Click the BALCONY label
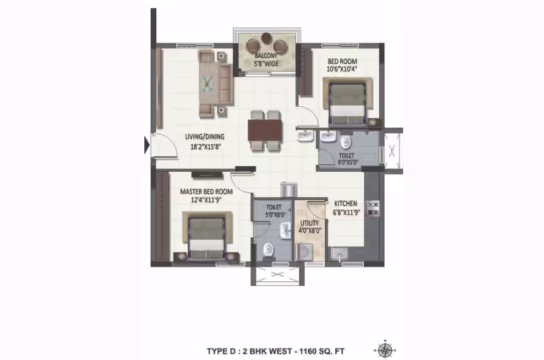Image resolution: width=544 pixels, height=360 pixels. [266, 56]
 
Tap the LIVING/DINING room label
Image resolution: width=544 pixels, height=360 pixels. [205, 136]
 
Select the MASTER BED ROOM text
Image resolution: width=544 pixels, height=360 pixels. [206, 191]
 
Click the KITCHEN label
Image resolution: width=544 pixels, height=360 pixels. [345, 204]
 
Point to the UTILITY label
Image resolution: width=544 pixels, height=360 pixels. [310, 223]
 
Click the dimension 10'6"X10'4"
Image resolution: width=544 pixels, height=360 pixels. [342, 69]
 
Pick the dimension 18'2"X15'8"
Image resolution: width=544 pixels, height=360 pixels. [206, 147]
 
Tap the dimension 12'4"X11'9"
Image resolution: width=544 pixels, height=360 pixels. [206, 200]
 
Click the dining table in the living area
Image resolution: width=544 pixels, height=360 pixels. [265, 130]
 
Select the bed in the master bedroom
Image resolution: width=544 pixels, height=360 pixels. [207, 237]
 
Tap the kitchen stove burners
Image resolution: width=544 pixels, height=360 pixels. [373, 209]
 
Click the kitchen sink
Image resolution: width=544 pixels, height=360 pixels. [339, 253]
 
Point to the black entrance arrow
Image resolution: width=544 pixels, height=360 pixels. [147, 145]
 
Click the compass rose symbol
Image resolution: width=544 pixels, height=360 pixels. [385, 350]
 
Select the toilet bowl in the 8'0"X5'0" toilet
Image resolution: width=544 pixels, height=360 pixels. [345, 141]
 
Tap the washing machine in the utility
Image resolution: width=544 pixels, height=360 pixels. [305, 252]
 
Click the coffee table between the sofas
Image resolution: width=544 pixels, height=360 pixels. [208, 83]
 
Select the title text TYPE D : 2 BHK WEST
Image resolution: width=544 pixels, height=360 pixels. [249, 351]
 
